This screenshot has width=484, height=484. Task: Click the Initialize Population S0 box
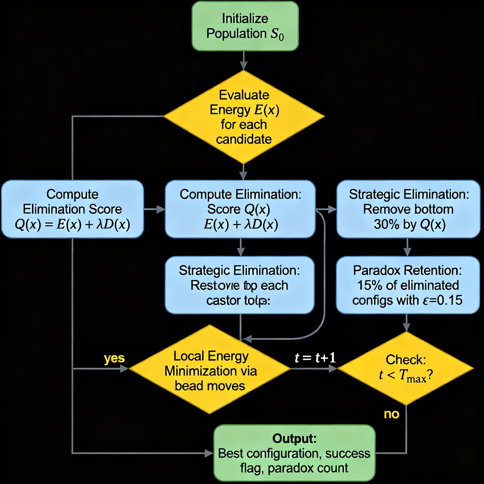coord(245,26)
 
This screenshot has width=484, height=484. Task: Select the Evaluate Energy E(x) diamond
coord(244,117)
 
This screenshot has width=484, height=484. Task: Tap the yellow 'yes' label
coord(114,358)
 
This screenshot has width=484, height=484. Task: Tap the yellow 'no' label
coord(391,414)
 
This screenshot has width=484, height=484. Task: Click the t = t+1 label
coord(315,358)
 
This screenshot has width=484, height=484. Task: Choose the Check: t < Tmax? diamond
coord(406,368)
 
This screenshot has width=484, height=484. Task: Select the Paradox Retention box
coord(407,285)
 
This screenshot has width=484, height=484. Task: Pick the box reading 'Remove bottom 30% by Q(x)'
coord(408,209)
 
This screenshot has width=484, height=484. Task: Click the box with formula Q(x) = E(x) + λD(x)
coord(72,209)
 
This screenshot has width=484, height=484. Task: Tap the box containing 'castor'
coord(239,285)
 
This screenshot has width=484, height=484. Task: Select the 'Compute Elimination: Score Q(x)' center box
coord(240,209)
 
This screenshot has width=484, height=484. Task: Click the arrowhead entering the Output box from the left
coord(209,453)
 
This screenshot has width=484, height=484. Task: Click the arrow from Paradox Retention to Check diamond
coord(406,323)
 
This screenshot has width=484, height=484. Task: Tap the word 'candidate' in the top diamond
coord(244,139)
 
